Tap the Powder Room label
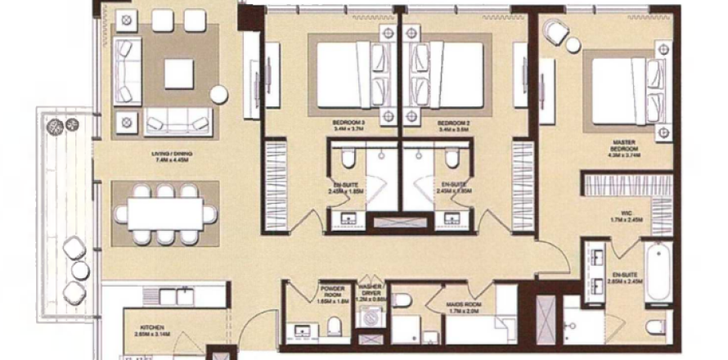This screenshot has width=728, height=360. point(332,293)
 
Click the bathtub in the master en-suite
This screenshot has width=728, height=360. point(656,271)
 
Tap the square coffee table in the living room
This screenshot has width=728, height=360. point(178,74)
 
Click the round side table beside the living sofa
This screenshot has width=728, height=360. point(218,94)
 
